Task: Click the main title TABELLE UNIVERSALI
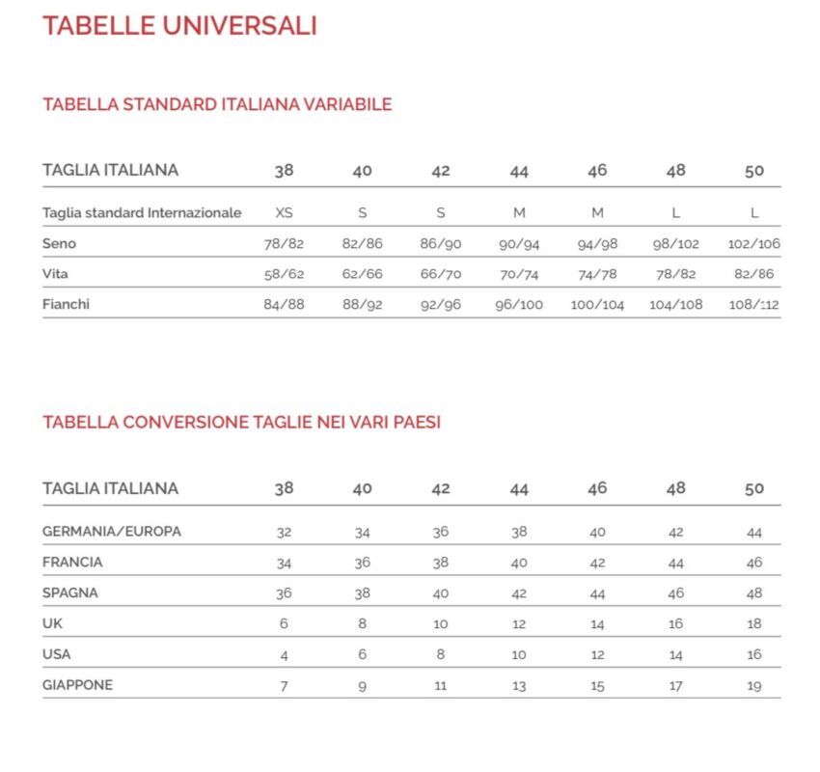179,25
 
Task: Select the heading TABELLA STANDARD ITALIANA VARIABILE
217,104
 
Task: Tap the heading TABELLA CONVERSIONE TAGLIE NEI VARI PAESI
241,423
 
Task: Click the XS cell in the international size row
284,213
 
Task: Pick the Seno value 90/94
519,244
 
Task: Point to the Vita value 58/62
284,274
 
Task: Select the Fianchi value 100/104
597,305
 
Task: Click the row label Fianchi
67,305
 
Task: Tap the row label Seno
59,243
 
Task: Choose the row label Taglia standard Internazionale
142,212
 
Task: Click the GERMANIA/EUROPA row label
112,531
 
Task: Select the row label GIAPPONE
77,685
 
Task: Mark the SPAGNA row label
70,593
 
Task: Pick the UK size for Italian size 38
284,623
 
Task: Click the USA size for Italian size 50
754,654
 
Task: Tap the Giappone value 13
519,686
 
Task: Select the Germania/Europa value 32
284,532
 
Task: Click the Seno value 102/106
754,244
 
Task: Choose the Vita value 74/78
597,274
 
